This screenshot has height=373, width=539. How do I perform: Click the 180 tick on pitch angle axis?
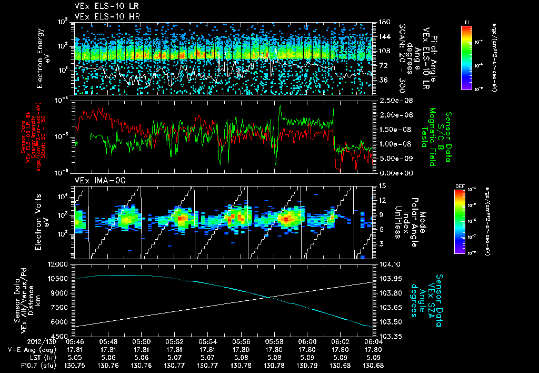click(x=383, y=22)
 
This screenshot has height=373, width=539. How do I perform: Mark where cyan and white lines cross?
click(x=270, y=298)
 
